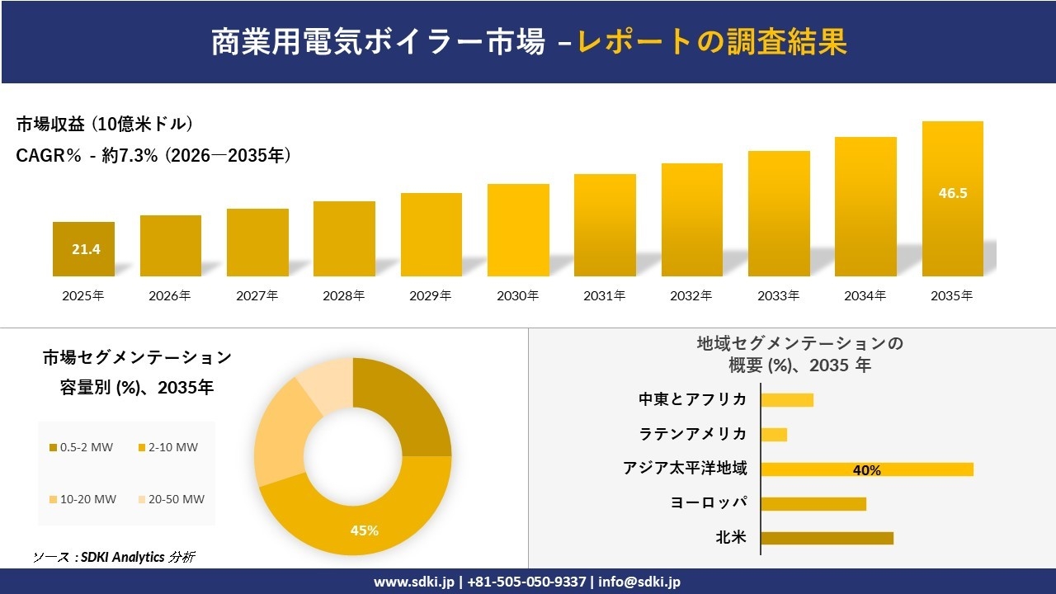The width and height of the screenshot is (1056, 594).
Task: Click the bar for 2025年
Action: pos(83,249)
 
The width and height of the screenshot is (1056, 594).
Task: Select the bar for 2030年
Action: pos(518,230)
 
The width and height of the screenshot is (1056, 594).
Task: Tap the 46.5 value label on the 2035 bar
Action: pos(953,194)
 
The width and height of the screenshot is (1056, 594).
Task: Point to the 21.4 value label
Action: pos(86,249)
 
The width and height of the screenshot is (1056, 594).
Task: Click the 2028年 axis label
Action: pos(344,295)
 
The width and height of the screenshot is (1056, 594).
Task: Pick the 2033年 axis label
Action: pos(779,295)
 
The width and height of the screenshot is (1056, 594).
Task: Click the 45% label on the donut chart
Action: pos(365,530)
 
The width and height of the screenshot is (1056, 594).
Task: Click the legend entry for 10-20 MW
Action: pos(82,499)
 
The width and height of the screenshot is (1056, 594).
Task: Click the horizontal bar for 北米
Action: pos(827,538)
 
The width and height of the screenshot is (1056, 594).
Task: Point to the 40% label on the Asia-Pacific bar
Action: pos(867,470)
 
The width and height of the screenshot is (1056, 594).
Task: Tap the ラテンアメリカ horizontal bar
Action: pos(774,435)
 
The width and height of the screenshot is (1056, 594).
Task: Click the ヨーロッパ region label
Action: pos(709,503)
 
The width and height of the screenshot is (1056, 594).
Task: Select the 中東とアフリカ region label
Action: pos(693,399)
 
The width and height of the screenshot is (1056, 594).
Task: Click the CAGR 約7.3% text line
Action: pos(153,155)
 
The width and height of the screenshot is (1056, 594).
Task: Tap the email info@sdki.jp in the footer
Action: pos(639,582)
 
